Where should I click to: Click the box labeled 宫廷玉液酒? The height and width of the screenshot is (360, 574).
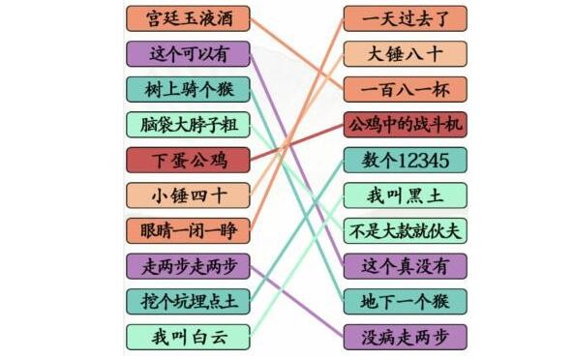click(188, 18)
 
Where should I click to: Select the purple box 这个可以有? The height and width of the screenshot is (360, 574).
click(188, 54)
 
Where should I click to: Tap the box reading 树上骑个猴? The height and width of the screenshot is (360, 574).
click(188, 89)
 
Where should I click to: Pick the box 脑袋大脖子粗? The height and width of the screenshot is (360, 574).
click(188, 125)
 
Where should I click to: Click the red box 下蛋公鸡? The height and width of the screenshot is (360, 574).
click(188, 160)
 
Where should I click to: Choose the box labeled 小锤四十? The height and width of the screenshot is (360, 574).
click(188, 195)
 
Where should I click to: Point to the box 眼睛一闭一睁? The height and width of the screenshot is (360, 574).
click(188, 230)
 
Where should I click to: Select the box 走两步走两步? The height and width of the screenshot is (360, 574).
click(188, 265)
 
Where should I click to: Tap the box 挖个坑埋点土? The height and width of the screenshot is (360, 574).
click(188, 301)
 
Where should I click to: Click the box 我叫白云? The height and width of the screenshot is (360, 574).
click(188, 336)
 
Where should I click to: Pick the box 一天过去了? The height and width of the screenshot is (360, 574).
click(405, 18)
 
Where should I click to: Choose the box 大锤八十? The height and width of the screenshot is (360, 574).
click(405, 54)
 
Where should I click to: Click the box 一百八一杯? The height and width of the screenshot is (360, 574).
click(405, 89)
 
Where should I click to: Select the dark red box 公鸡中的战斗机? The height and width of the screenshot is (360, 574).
click(405, 125)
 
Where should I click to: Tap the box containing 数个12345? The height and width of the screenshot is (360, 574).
click(405, 160)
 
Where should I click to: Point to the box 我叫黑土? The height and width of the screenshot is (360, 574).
click(405, 195)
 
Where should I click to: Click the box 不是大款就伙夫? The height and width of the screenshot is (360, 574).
click(405, 230)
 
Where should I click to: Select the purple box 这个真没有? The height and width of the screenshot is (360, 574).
click(405, 265)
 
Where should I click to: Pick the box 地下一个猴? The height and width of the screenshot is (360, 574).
click(405, 301)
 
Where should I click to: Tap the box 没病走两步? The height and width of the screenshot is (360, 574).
click(405, 336)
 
